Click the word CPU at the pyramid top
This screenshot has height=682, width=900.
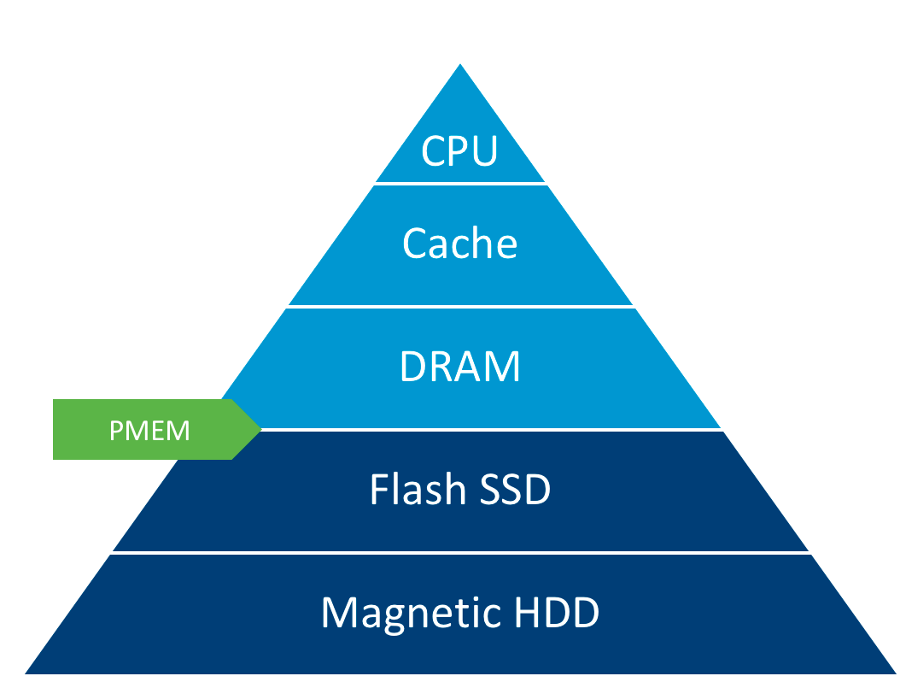tap(459, 151)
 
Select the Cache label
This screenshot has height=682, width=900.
tap(459, 244)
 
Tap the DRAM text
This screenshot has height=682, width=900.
tap(459, 367)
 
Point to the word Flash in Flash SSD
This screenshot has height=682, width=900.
tap(418, 490)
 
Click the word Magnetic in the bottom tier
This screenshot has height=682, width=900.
tap(398, 614)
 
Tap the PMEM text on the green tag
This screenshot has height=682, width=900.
tap(149, 430)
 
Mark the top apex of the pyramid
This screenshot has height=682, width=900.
tap(460, 64)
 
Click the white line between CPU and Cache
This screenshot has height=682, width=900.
tap(460, 183)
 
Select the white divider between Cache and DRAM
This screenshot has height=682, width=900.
tap(460, 306)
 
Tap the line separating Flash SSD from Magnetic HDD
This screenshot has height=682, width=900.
tap(460, 553)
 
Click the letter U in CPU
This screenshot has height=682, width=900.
tap(483, 152)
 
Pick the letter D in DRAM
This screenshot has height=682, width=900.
tap(413, 367)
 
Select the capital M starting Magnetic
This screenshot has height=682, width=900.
tap(338, 613)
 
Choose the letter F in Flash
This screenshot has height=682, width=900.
tap(377, 490)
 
